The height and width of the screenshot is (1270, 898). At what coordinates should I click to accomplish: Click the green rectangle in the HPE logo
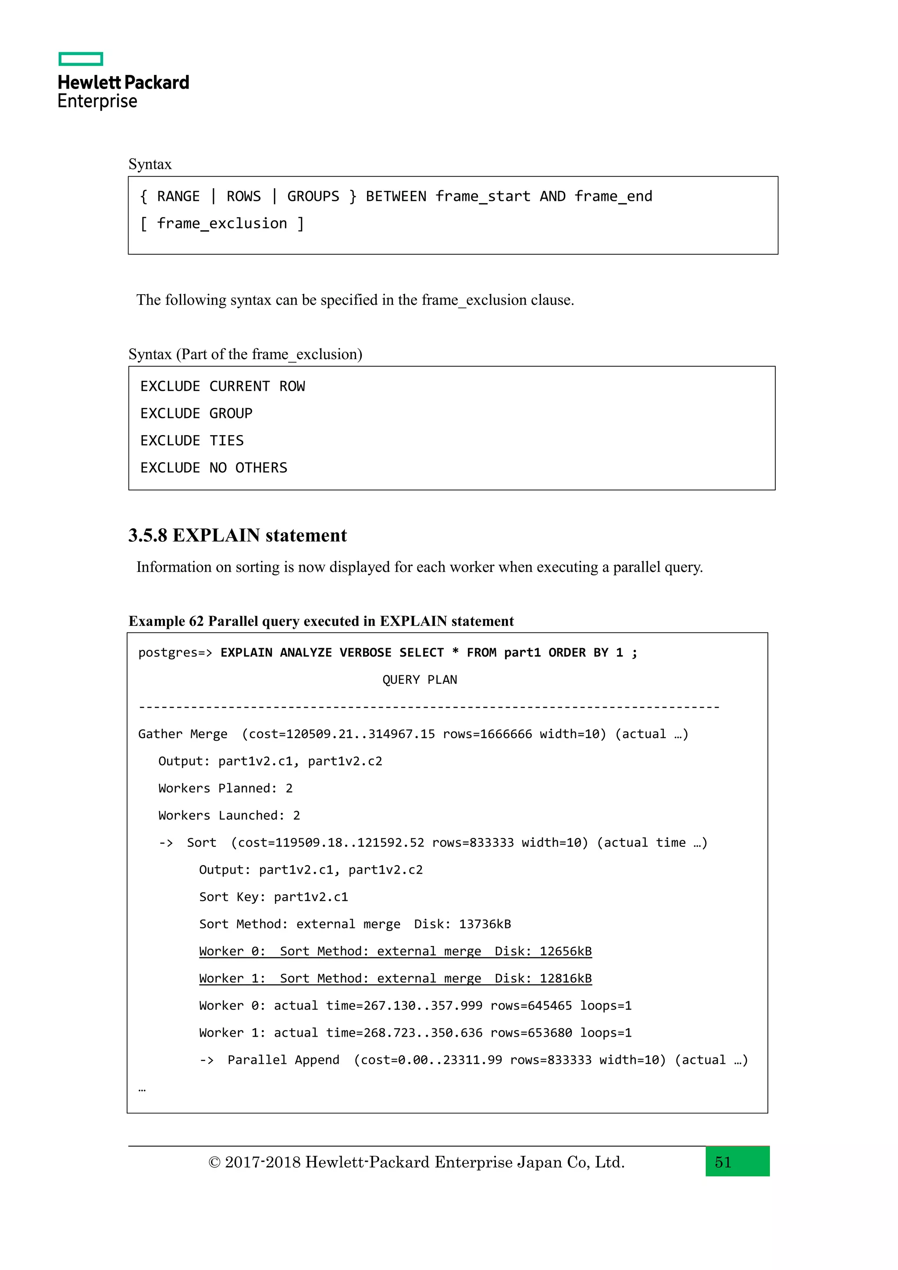[81, 59]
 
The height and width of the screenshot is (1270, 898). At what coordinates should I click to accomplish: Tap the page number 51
[723, 1162]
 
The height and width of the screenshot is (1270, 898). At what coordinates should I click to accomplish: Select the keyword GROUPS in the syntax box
[313, 196]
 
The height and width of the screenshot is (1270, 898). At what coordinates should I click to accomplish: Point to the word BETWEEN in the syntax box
[396, 196]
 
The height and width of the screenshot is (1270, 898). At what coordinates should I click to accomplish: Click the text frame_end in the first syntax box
[613, 196]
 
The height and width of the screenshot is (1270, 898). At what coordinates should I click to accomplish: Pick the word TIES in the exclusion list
[226, 441]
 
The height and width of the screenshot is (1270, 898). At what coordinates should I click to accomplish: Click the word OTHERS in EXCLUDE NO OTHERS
[261, 468]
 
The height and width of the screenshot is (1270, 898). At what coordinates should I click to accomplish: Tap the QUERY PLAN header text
[420, 680]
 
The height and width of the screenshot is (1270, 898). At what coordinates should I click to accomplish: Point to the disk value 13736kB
[485, 924]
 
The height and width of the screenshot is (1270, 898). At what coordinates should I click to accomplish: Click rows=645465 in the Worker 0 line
[531, 1006]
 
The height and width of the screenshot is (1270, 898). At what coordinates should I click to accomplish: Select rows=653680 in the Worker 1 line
[531, 1033]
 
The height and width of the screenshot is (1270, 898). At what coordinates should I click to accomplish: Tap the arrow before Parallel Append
[207, 1060]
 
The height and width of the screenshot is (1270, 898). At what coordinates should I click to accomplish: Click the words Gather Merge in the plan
[182, 734]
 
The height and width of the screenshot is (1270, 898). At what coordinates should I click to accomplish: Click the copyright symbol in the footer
[214, 1163]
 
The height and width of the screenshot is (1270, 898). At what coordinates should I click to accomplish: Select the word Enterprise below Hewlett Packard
[97, 102]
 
